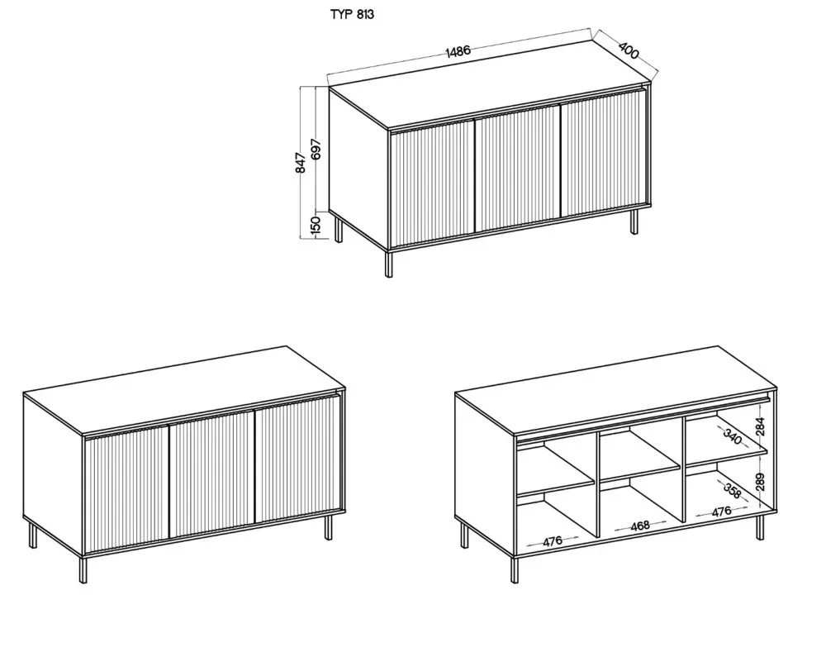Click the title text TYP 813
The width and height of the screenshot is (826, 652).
coord(352,14)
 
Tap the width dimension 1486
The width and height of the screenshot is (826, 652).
coord(458,51)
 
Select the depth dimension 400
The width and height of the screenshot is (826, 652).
coord(629,50)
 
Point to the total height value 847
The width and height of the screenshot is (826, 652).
coord(301,163)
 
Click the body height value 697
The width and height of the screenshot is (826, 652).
coord(316,150)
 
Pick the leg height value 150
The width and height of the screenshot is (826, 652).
coord(316,225)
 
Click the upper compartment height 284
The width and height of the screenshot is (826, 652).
coord(760,426)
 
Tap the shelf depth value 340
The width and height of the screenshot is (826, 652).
coord(732,437)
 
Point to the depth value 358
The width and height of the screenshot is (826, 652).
coord(732,490)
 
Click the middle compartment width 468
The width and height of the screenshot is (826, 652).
coord(640,526)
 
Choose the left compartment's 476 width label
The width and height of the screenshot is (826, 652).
coord(552,540)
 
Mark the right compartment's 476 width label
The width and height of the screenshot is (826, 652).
coord(722,511)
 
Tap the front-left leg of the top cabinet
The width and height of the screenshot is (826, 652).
coord(389,264)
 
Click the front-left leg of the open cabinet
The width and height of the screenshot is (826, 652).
coord(514,569)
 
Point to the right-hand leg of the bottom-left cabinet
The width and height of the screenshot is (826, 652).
coord(328,527)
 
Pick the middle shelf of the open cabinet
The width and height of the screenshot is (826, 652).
coord(640,466)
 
